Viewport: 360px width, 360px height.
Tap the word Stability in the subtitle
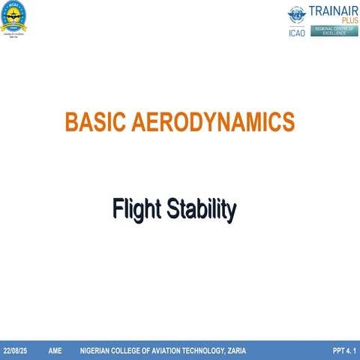click(201, 209)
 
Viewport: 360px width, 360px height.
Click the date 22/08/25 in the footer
click(16, 351)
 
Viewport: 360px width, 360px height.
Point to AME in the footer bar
click(55, 351)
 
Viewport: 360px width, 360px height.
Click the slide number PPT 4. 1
click(344, 351)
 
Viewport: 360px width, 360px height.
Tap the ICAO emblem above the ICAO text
click(297, 17)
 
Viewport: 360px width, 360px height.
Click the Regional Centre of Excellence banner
click(335, 31)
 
